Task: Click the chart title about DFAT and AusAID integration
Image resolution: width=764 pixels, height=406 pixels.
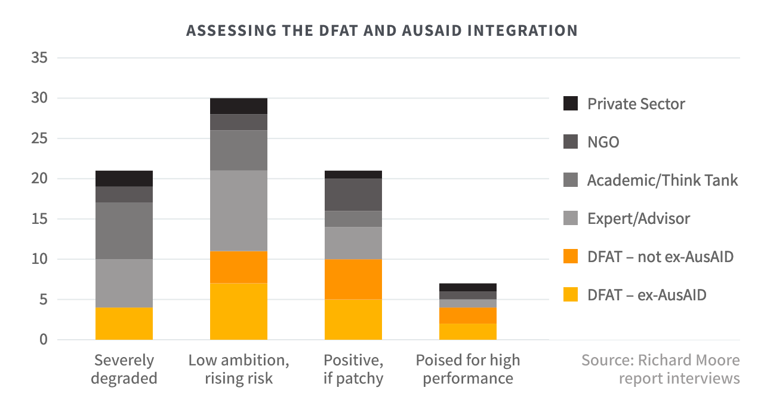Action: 382,30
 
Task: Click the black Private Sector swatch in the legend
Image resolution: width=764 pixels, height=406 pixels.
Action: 571,103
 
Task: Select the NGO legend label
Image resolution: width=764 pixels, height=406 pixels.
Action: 603,142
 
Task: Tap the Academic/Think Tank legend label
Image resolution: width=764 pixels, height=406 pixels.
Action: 663,180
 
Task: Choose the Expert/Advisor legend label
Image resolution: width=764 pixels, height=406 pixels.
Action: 638,219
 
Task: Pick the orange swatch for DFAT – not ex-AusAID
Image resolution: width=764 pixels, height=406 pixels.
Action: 571,257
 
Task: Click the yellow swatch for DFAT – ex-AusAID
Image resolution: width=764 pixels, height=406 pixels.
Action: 571,294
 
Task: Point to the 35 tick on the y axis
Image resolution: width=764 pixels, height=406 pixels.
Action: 39,58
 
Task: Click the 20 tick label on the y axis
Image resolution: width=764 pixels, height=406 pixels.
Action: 39,179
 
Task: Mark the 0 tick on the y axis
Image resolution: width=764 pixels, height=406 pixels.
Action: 43,340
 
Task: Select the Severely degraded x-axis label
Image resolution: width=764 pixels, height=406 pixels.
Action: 125,369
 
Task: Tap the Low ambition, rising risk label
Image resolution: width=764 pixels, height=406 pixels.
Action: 239,369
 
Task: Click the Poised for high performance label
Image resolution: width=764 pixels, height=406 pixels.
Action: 468,369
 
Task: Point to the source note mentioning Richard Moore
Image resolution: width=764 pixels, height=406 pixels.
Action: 660,369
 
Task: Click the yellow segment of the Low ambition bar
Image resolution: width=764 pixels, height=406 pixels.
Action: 239,312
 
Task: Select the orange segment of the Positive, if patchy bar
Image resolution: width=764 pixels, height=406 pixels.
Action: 353,279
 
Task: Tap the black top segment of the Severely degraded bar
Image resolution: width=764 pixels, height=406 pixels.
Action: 124,179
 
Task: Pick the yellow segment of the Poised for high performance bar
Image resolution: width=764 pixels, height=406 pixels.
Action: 468,331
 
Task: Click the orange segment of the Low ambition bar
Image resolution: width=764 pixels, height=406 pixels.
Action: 239,267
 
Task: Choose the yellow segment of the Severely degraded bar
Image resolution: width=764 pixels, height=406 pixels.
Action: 124,324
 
